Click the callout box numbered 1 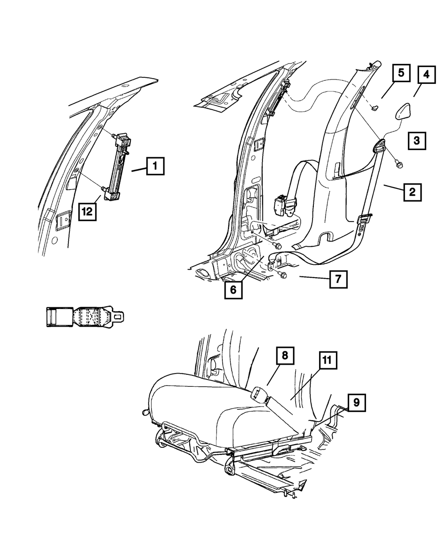[155, 167]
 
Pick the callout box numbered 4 [426, 75]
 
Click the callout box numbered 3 [416, 141]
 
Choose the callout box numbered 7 [338, 279]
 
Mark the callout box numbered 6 [233, 290]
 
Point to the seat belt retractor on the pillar [282, 205]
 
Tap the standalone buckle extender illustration [84, 317]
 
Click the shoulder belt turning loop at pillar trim [381, 146]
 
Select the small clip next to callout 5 [376, 107]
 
